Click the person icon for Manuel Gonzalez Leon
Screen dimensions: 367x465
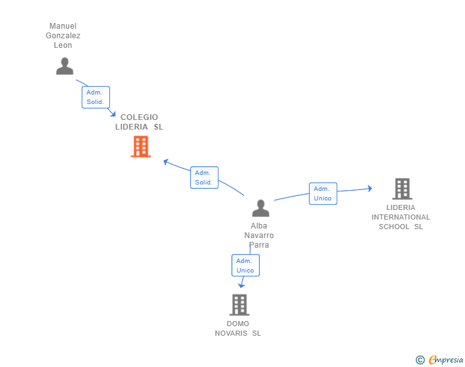(x=65, y=66)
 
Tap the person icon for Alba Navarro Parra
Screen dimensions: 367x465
(x=261, y=208)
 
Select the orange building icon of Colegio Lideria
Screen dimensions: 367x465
(x=141, y=146)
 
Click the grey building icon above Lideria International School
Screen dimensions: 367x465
(x=402, y=189)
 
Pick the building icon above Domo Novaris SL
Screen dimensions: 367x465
(x=239, y=305)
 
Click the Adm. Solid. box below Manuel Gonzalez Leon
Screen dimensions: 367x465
(x=96, y=97)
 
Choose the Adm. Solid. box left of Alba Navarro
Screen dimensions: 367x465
(x=204, y=177)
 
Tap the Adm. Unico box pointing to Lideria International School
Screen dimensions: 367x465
(x=323, y=193)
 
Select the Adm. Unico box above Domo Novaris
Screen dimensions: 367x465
(x=245, y=266)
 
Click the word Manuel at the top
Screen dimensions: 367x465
(x=63, y=26)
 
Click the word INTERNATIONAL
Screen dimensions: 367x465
(x=401, y=217)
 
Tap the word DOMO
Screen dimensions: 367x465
(x=238, y=324)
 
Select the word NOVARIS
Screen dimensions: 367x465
(x=231, y=333)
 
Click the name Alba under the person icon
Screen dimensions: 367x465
(x=259, y=226)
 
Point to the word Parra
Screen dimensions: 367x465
(x=259, y=245)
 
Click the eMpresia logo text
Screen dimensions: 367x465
(x=446, y=359)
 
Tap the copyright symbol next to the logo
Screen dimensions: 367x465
(x=420, y=360)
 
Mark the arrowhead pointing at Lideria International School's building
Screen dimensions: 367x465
(x=369, y=188)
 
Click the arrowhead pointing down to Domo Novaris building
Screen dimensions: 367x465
(x=241, y=286)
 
